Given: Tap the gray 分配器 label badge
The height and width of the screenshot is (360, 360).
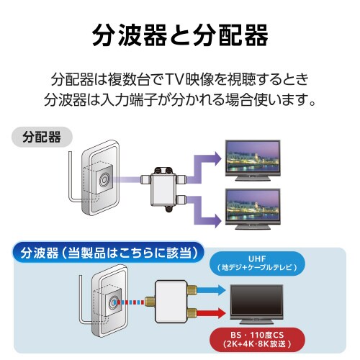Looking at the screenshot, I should click(x=41, y=135).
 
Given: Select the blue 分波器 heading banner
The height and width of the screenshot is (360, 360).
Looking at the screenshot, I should click(x=108, y=253).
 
